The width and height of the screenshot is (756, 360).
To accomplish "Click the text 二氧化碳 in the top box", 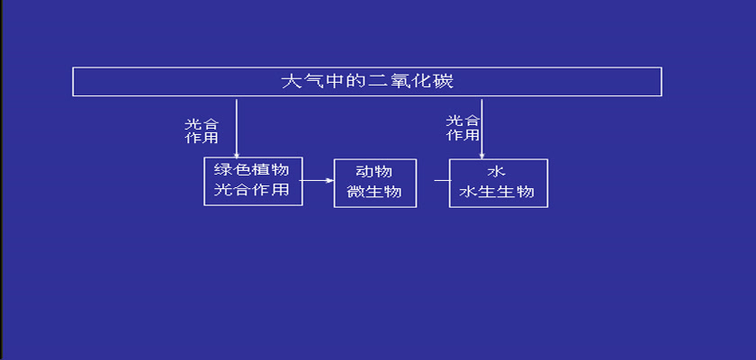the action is click(410, 81).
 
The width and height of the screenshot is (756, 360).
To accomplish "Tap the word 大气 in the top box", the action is click(302, 81).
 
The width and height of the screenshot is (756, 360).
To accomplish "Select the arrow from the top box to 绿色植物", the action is click(236, 129).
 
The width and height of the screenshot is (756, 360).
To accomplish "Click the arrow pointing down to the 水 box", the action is click(481, 130).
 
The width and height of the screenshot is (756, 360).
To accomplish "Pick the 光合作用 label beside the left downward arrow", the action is click(202, 131).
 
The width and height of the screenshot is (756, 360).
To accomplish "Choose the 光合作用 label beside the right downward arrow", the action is click(463, 128).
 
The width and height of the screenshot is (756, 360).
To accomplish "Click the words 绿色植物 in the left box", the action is click(251, 169).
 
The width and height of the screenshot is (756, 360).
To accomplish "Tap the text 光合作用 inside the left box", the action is click(251, 190).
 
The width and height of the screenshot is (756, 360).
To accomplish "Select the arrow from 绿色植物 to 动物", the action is click(317, 181).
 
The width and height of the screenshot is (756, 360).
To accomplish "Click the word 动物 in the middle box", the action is click(374, 172).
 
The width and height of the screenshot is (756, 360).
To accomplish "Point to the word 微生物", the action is click(374, 192).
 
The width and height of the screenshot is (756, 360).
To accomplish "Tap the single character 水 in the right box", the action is click(496, 172).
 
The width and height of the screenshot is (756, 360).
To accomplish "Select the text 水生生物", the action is click(497, 192).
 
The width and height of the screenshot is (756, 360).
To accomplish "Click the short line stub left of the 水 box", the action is click(442, 181).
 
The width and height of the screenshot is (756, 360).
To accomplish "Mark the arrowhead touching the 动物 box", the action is click(330, 181).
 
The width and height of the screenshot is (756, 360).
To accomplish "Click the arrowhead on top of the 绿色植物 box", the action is click(236, 155).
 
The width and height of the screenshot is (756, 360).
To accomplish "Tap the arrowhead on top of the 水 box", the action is click(481, 156).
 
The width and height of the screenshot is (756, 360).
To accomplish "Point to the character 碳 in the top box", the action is click(444, 81).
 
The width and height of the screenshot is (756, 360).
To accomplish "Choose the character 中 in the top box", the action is click(335, 81).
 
